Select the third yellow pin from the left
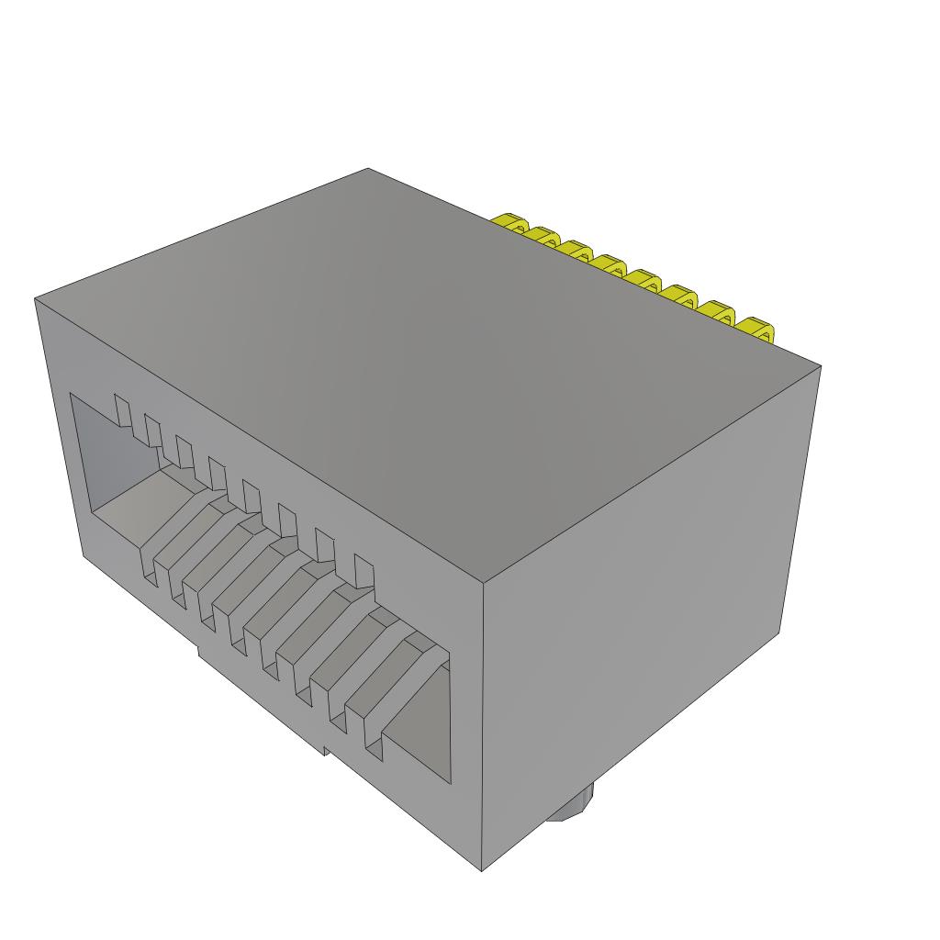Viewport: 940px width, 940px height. click(576, 250)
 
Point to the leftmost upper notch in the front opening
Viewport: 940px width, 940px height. click(121, 409)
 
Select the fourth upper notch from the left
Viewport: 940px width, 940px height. click(218, 473)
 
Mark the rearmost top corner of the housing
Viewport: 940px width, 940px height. click(368, 169)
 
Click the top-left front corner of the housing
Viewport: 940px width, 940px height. click(36, 298)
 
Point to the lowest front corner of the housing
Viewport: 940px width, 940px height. click(482, 870)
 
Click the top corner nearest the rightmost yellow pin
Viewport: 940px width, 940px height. click(820, 366)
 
